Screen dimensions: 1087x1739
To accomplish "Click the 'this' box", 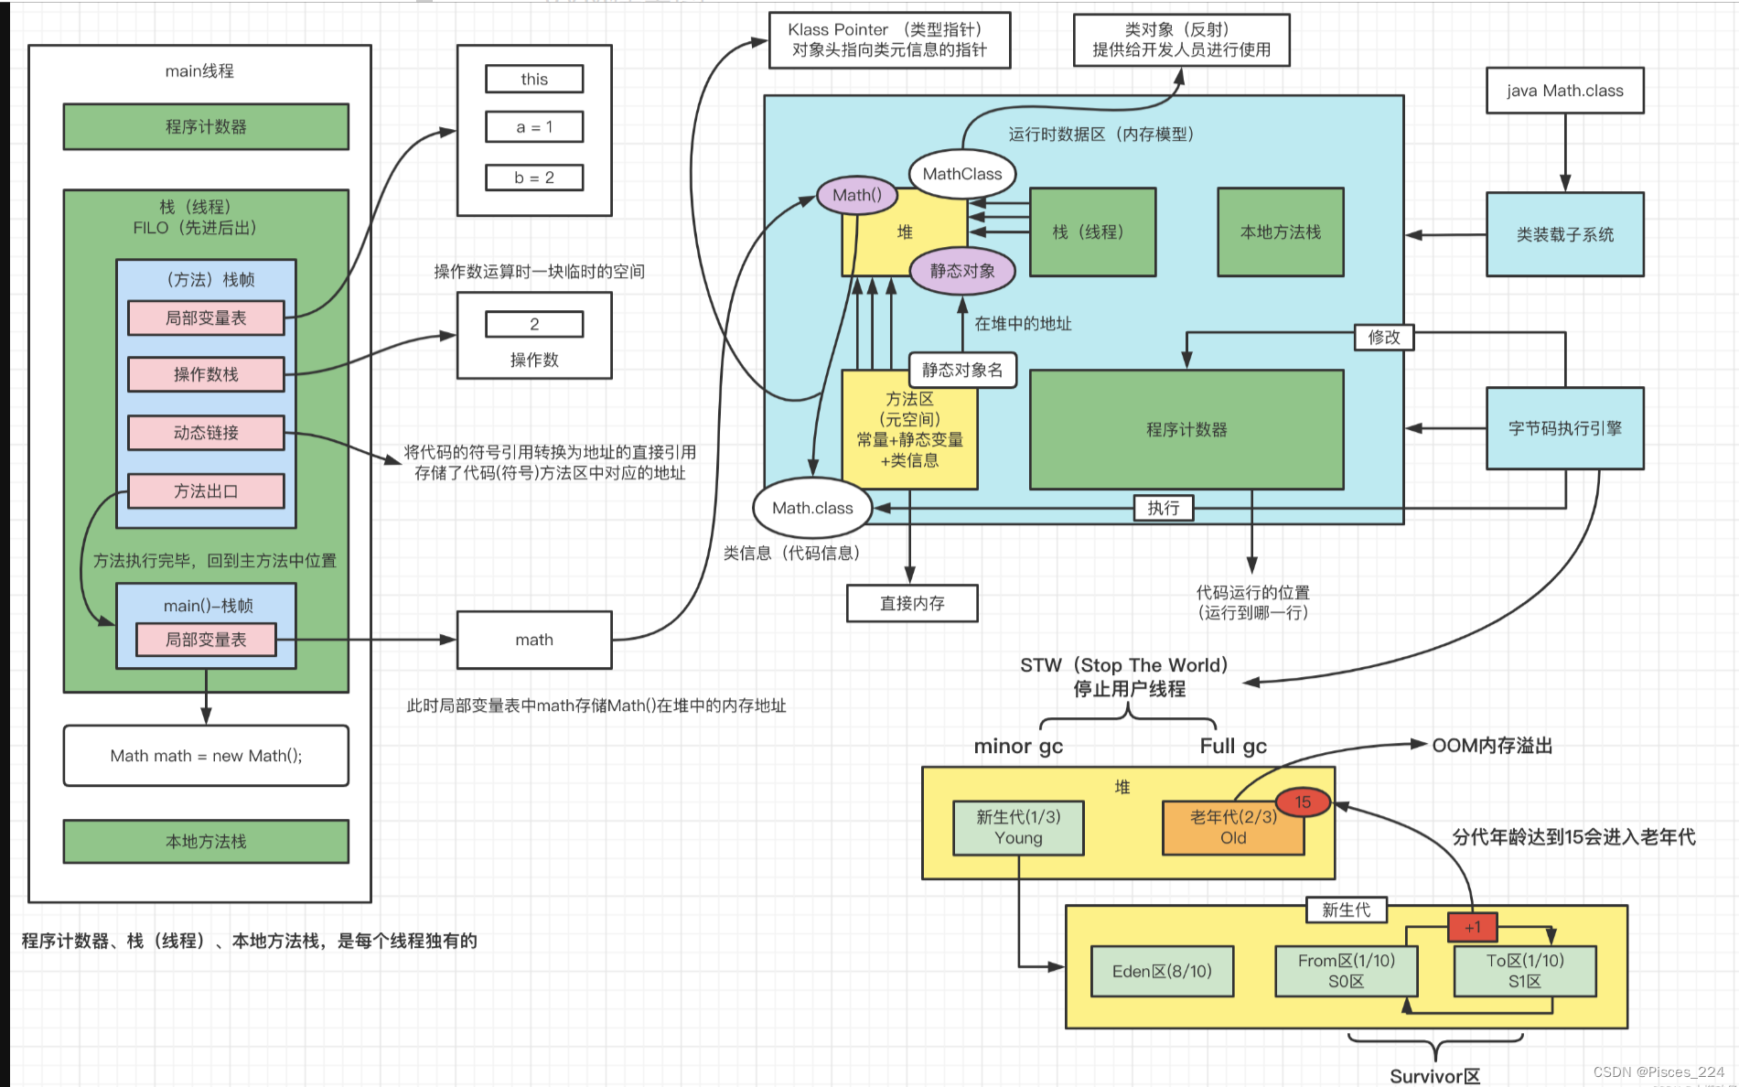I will coord(534,80).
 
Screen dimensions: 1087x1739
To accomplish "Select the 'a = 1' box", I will coord(534,127).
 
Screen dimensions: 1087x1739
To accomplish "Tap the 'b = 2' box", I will coord(534,178).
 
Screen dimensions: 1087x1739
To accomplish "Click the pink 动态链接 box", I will coord(206,433).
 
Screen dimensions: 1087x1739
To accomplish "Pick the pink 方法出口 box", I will coord(206,491).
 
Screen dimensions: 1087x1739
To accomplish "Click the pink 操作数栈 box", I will coord(206,374).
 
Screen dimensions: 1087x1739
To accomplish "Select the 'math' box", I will coord(534,640).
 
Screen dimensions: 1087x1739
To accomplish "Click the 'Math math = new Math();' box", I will coord(206,756).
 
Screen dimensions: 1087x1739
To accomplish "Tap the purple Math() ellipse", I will coord(857,195).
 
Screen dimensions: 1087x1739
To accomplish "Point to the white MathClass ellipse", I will coord(962,174).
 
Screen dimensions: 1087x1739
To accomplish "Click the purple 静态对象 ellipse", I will coord(962,271).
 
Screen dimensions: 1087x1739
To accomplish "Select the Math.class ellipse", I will coord(812,508).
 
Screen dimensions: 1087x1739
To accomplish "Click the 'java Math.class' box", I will coord(1564,91).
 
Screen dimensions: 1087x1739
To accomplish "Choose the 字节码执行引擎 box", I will coord(1564,428).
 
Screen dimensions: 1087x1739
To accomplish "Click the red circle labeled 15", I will coord(1303,802).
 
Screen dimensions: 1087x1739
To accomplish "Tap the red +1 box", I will coord(1472,927).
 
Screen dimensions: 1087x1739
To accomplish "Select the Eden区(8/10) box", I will coord(1162,971).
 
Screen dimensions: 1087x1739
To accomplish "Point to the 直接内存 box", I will coord(912,603).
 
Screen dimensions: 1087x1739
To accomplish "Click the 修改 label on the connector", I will coord(1383,337).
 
